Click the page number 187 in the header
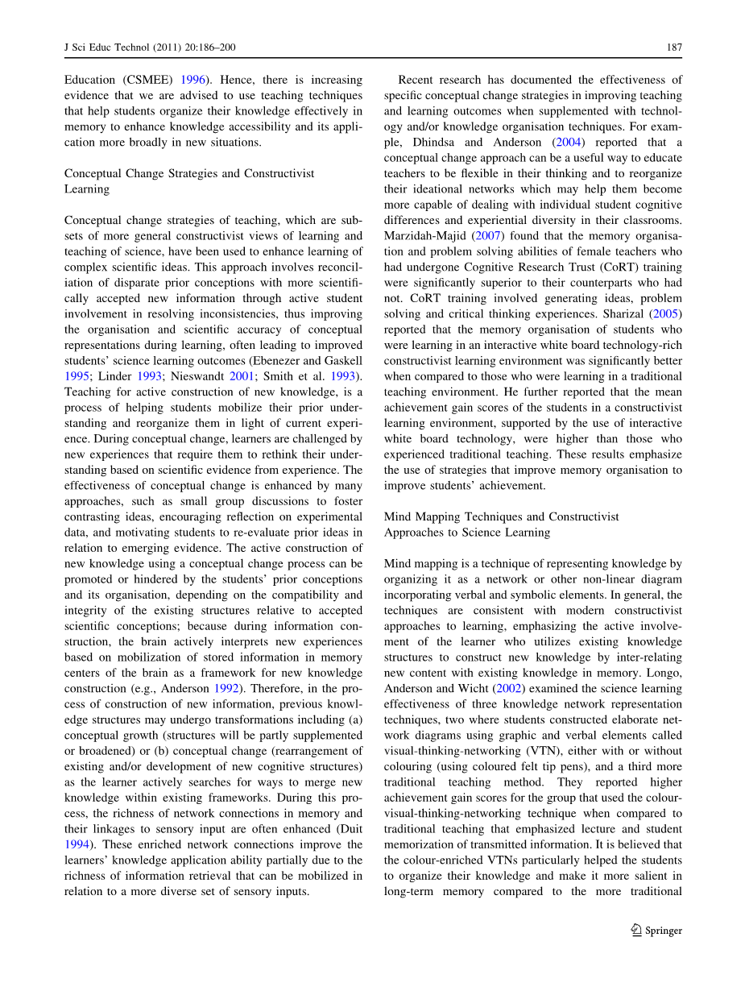pos(674,48)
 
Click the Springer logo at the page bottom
pos(656,931)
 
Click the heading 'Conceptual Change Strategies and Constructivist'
pos(189,173)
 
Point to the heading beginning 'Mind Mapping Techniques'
pos(502,516)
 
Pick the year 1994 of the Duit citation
pos(77,845)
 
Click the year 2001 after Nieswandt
pos(255,376)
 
